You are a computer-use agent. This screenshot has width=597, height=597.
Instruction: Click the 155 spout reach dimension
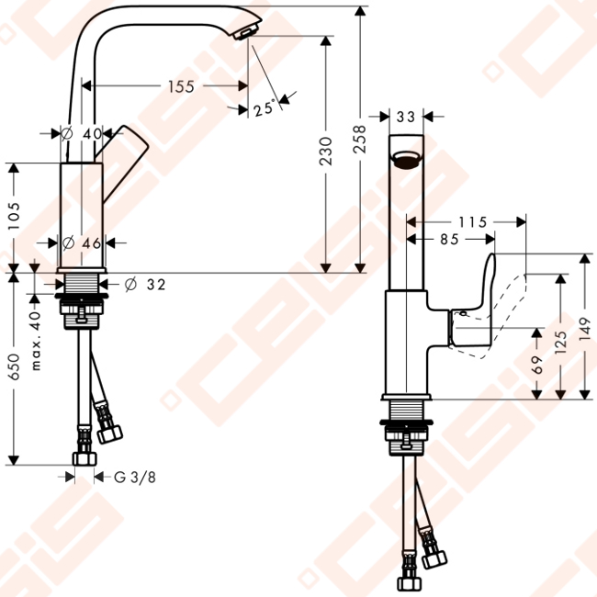point(181,86)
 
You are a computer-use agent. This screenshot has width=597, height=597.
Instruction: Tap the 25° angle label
point(265,108)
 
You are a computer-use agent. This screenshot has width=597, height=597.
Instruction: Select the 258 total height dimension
point(359,140)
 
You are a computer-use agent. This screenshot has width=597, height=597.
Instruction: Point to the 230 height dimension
point(325,152)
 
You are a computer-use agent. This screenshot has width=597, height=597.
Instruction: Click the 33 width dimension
point(406,117)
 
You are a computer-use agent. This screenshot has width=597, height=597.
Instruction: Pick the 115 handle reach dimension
point(472,222)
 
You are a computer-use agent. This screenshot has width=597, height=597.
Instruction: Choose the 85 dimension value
point(450,239)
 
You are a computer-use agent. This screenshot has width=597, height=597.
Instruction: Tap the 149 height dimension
point(584,329)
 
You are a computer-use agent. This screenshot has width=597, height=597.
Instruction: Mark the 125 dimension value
point(560,343)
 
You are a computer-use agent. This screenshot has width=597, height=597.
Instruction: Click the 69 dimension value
point(536,365)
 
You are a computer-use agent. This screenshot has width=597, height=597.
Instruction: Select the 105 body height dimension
point(14,216)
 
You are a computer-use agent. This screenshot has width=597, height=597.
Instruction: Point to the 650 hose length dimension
point(14,366)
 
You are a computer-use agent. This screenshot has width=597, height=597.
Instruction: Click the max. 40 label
point(35,341)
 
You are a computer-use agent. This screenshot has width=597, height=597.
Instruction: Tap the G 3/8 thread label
point(135,477)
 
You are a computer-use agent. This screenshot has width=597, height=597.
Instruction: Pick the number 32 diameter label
point(156,285)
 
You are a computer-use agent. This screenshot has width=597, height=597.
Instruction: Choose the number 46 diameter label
point(91,242)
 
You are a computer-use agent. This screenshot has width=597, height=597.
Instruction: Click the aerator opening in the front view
point(406,159)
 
